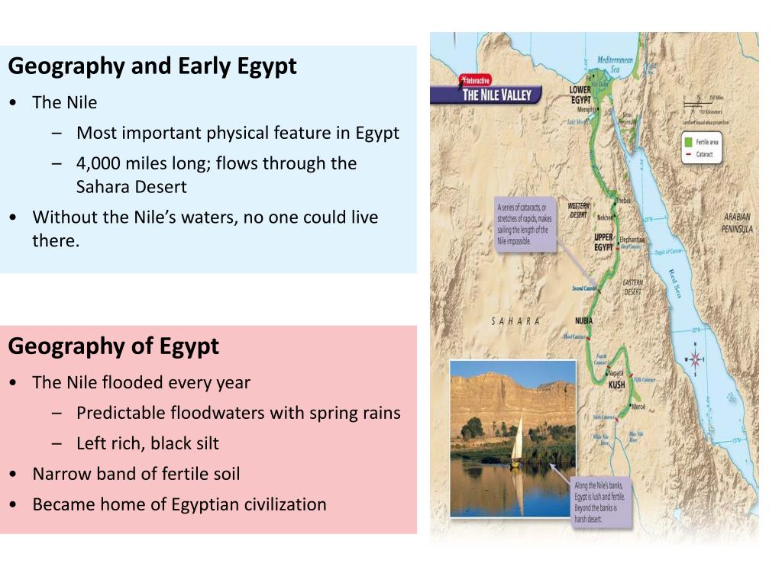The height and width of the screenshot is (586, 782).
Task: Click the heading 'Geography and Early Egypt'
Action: tap(152, 66)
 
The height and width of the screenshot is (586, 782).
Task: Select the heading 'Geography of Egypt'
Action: tap(113, 346)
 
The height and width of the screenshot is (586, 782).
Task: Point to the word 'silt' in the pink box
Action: tap(204, 443)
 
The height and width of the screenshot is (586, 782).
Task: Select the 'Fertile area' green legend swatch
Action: tap(687, 142)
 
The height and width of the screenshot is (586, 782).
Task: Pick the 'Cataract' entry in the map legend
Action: tap(703, 155)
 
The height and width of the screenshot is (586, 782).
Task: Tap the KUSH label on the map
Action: tap(616, 385)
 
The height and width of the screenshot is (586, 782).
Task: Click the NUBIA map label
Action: tap(583, 320)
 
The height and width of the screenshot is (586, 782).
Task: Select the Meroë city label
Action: tap(637, 407)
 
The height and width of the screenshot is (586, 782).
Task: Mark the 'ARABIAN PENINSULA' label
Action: tap(737, 223)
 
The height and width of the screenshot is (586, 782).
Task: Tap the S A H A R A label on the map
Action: tap(515, 321)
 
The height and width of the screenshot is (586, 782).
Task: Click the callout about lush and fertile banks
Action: tap(603, 503)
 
